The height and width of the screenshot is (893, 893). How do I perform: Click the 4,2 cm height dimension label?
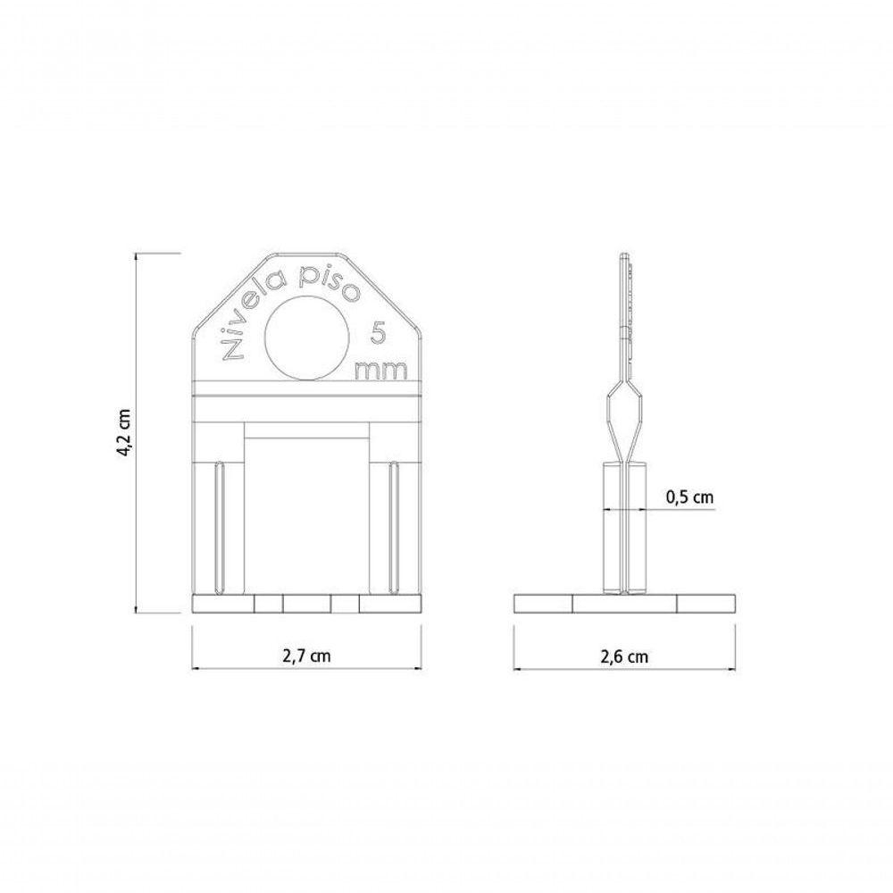pyautogui.click(x=125, y=433)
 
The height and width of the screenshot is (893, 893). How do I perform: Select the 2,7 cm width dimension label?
pyautogui.click(x=306, y=655)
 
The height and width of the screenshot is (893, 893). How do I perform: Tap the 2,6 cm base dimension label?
pyautogui.click(x=624, y=656)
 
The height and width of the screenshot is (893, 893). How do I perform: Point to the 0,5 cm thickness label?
pyautogui.click(x=689, y=497)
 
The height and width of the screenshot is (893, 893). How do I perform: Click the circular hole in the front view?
pyautogui.click(x=307, y=338)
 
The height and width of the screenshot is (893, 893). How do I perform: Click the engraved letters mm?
pyautogui.click(x=381, y=371)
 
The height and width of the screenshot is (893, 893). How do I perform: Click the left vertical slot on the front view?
pyautogui.click(x=220, y=528)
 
